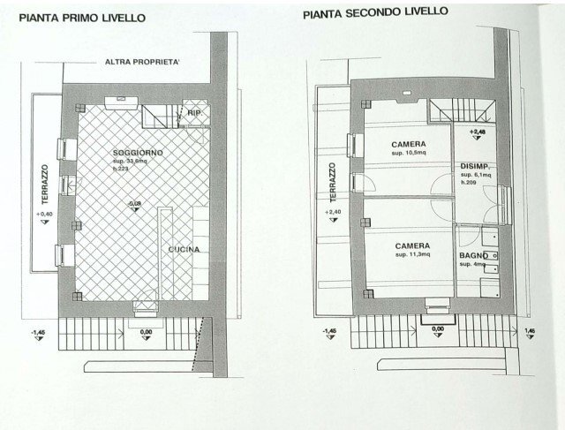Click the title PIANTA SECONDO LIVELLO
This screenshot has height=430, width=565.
pyautogui.click(x=375, y=13)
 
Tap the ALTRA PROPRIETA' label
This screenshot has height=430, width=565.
pyautogui.click(x=142, y=63)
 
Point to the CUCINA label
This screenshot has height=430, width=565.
pyautogui.click(x=185, y=250)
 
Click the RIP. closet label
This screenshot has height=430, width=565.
pyautogui.click(x=194, y=113)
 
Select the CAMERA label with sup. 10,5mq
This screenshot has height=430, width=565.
pyautogui.click(x=411, y=144)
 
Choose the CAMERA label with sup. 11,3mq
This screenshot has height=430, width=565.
pyautogui.click(x=412, y=245)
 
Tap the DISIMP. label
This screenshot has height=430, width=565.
pyautogui.click(x=475, y=166)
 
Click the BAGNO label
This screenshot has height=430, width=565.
pyautogui.click(x=474, y=255)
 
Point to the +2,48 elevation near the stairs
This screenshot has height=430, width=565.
pyautogui.click(x=477, y=133)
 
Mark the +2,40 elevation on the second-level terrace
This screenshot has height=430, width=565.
pyautogui.click(x=331, y=213)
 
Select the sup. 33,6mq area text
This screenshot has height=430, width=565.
pyautogui.click(x=131, y=162)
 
